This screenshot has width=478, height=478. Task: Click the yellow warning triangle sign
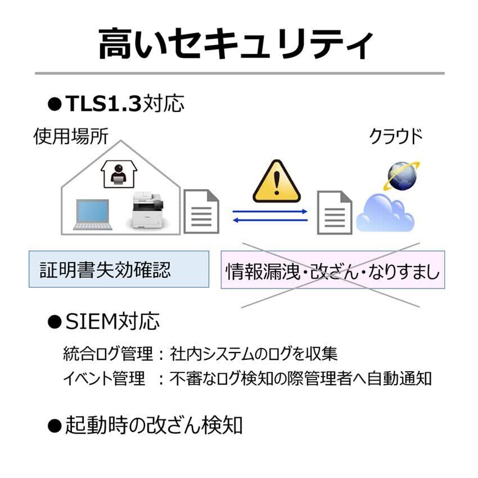coord(276,182)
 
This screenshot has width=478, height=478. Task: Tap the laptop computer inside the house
coord(93,215)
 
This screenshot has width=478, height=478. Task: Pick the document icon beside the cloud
coord(335,212)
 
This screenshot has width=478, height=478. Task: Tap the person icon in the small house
coord(118,174)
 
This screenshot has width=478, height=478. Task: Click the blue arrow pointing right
coord(270,211)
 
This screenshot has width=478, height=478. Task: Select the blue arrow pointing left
coord(270,220)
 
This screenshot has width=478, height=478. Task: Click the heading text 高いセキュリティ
coord(236,44)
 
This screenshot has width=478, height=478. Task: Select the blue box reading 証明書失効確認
coord(119,269)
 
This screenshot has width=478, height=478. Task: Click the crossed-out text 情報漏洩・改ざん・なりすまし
coord(332,270)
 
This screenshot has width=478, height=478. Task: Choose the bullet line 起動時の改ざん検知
coord(153,425)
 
